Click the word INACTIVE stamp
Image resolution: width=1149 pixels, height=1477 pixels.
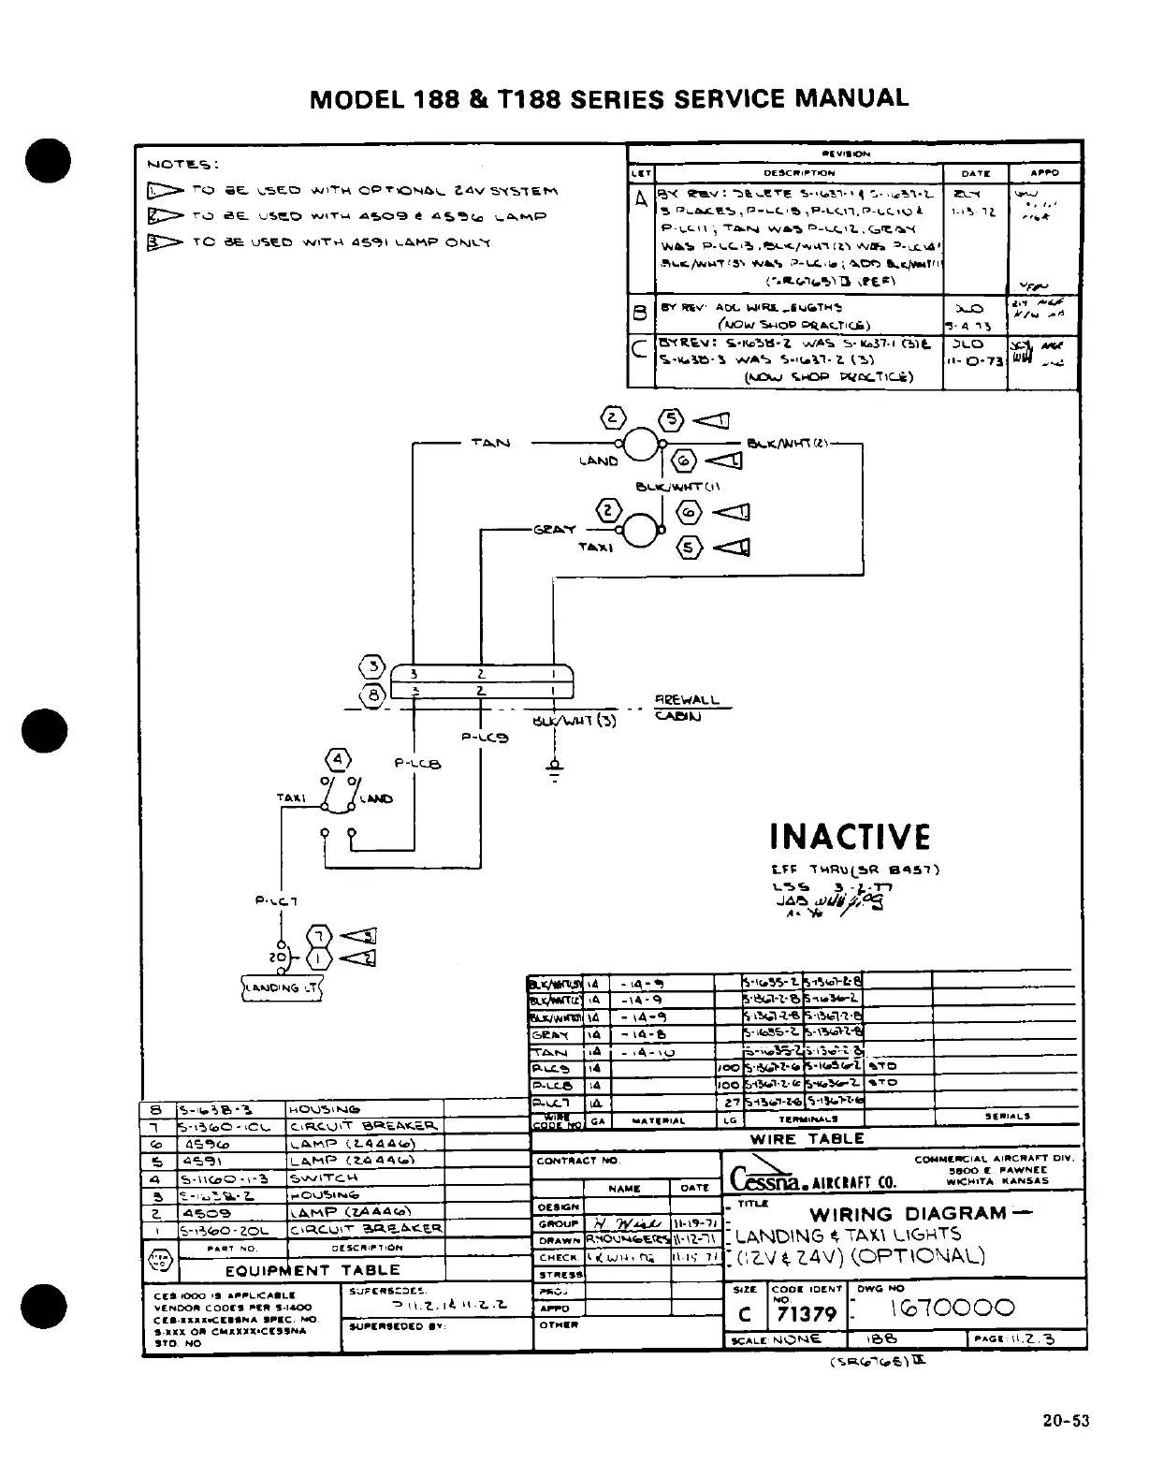(x=850, y=837)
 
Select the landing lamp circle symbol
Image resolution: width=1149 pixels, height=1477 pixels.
(x=643, y=445)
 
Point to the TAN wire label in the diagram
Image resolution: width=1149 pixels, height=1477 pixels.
(x=490, y=443)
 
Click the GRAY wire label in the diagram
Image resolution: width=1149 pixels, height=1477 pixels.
(x=554, y=529)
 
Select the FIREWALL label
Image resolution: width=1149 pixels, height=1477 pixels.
(x=688, y=700)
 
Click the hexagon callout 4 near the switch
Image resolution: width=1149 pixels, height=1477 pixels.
(x=338, y=759)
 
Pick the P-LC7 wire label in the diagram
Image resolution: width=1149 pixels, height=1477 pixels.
(x=276, y=901)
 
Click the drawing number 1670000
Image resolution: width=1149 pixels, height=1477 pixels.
(x=951, y=1308)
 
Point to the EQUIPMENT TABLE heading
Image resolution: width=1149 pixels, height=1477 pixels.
(x=313, y=1270)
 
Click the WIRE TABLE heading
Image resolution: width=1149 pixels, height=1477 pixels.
(x=807, y=1139)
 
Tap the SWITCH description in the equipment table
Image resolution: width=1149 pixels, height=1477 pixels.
(x=323, y=1178)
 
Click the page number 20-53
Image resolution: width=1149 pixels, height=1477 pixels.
(x=1066, y=1421)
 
